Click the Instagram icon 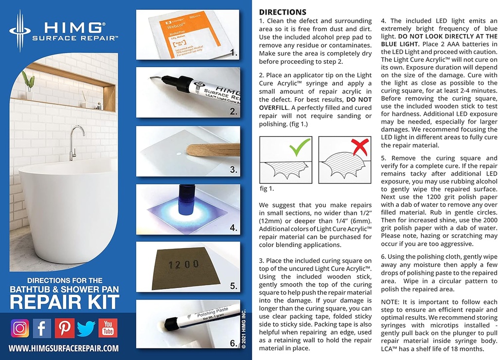click(x=20, y=328)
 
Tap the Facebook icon click(x=42, y=328)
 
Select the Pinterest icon click(x=64, y=328)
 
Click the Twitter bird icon click(x=86, y=328)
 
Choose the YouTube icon click(x=108, y=328)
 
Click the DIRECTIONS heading click(x=283, y=12)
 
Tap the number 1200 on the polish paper click(x=182, y=264)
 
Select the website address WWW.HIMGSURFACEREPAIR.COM click(x=64, y=348)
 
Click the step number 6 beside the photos click(x=233, y=343)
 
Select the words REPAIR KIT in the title click(x=65, y=302)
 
